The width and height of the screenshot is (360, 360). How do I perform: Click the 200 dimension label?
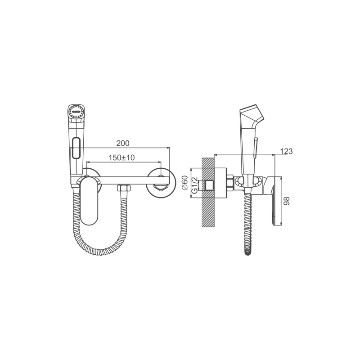point(123,143)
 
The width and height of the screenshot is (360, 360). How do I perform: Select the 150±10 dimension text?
point(121,157)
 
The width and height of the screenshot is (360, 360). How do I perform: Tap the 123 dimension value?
point(286,151)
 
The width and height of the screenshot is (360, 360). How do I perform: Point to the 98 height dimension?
point(287,201)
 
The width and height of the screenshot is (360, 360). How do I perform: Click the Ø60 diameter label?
point(185,183)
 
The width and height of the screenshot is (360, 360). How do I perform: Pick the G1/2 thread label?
point(194,185)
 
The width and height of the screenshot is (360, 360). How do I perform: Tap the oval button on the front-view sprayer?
point(76,148)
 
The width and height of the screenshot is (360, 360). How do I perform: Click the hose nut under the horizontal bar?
point(124,189)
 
